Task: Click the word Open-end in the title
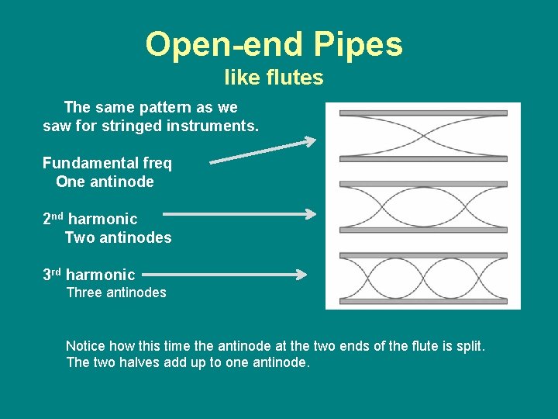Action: pos(224,45)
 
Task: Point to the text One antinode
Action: pos(105,182)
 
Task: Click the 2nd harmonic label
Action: pos(90,220)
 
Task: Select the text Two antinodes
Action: pos(118,237)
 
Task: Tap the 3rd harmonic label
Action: pos(89,275)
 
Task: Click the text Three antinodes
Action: pos(116,293)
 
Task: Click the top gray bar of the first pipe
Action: pos(423,113)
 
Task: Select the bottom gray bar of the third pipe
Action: pos(423,301)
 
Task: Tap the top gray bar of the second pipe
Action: pos(423,185)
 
